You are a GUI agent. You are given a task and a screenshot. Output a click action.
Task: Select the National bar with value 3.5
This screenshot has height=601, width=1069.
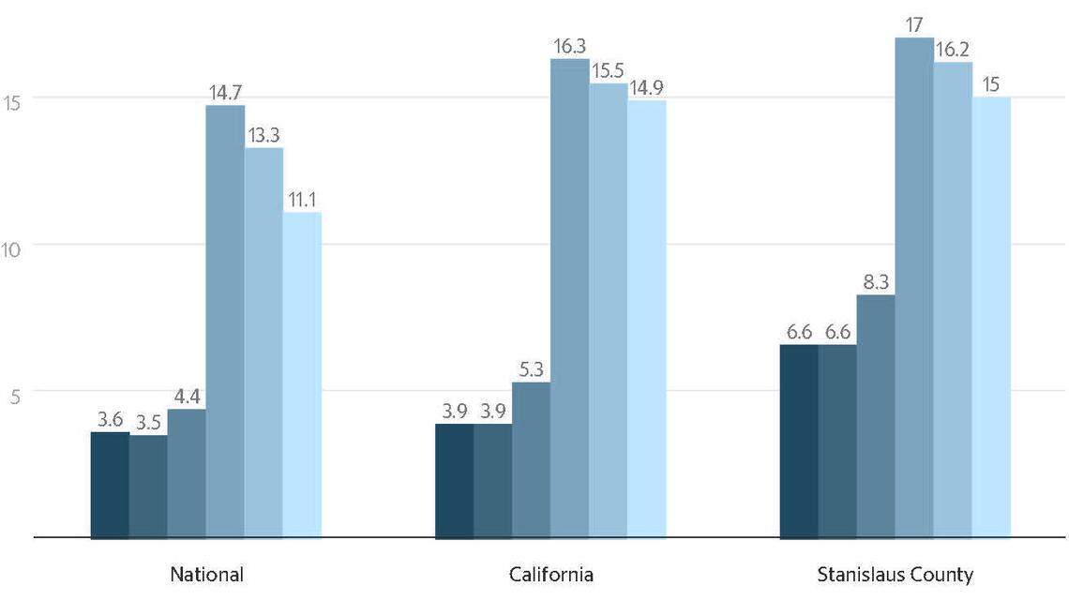point(148,487)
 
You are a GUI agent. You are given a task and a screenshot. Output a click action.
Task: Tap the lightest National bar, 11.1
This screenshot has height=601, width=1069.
point(302,375)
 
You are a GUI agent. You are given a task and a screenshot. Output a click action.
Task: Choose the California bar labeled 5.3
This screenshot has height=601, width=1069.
point(531,459)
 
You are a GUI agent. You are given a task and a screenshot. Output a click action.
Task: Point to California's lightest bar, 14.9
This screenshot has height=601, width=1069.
point(646,319)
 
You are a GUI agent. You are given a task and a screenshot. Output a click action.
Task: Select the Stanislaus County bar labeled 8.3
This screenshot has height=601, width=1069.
point(875,416)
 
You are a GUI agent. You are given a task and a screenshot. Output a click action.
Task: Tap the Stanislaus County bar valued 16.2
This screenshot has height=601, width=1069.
point(952,300)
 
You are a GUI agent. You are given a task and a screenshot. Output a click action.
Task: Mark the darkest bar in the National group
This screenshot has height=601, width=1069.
point(110,485)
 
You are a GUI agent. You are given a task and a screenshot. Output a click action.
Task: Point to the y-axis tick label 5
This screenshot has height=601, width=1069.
point(14,398)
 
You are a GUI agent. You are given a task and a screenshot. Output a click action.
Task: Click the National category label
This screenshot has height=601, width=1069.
point(206,574)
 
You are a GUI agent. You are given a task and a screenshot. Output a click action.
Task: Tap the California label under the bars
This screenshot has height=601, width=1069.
point(551,574)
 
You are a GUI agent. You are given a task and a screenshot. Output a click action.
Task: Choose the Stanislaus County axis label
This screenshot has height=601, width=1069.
point(896,574)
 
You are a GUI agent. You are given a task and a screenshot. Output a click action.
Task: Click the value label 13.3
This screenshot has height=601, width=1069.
point(263,136)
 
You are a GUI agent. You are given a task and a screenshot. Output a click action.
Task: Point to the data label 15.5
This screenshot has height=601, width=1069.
point(608,71)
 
